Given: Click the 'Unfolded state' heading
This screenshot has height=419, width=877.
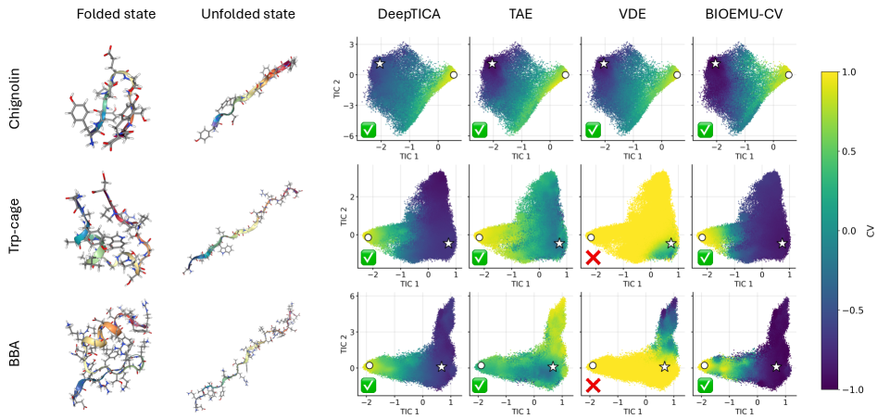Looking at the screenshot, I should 248,15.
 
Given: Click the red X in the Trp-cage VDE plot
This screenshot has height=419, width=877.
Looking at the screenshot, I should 593,256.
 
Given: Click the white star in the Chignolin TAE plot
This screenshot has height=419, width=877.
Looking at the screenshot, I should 492,63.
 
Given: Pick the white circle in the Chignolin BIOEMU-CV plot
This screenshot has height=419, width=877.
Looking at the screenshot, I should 789,74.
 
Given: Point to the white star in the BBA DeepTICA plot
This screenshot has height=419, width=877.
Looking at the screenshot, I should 441,367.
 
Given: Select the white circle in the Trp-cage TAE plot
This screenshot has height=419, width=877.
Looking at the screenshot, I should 480,237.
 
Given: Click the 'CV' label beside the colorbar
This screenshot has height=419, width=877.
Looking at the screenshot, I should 868,229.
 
